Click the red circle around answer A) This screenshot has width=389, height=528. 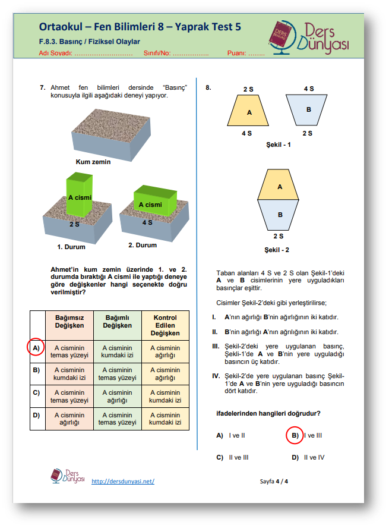pos(36,347)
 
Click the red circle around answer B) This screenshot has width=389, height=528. pos(294,436)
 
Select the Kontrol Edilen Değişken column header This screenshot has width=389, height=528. pos(165,325)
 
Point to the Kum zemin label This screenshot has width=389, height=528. pos(93,162)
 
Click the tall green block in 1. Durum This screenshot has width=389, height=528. pos(79,194)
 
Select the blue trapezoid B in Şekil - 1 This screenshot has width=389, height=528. pos(308,110)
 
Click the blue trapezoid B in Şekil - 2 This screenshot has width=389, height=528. pos(279,214)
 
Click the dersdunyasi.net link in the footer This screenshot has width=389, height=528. pos(123,481)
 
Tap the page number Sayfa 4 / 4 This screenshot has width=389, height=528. pos(274,481)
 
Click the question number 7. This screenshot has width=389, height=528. pos(43,87)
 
